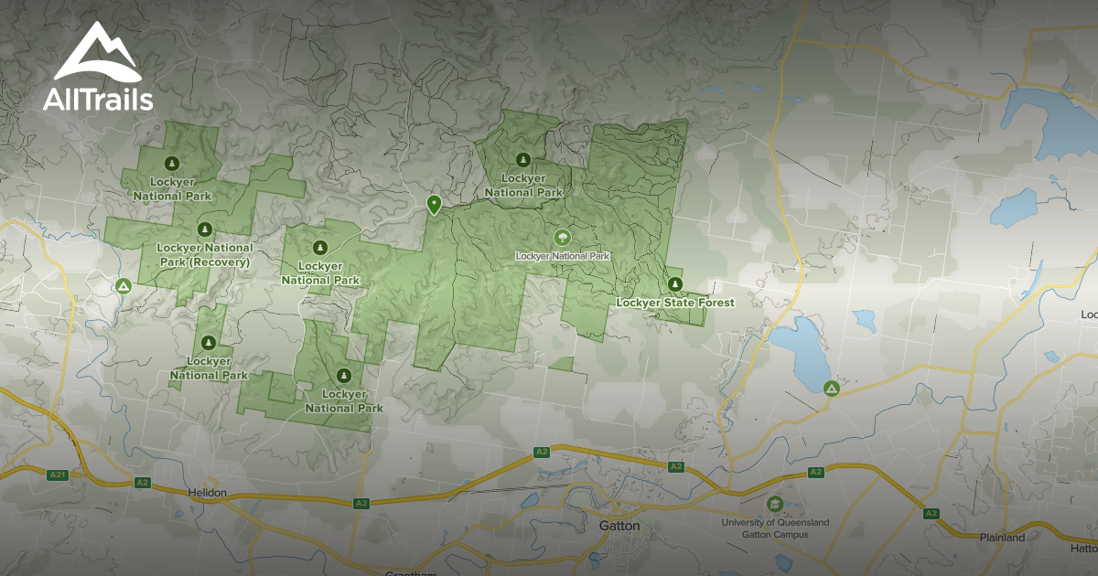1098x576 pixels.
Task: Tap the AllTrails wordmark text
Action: (x=97, y=100)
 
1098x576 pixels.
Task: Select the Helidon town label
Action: (x=208, y=494)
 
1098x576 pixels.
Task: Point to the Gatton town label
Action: (x=619, y=527)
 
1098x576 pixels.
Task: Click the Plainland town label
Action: (x=1002, y=538)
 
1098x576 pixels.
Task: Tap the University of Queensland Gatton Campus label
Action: (x=775, y=528)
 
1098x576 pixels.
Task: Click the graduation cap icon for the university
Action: (x=775, y=505)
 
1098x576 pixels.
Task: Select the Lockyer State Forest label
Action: (x=674, y=303)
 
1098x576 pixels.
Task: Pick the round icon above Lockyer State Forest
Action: (x=675, y=283)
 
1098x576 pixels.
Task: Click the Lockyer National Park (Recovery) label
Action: (x=205, y=255)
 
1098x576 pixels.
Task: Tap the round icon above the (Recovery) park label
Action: (x=205, y=229)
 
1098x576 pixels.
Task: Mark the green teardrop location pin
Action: (x=435, y=204)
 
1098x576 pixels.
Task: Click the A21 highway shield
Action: (x=59, y=474)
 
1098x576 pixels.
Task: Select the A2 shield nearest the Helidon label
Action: (x=142, y=482)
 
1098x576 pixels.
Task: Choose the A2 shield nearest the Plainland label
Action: (x=931, y=513)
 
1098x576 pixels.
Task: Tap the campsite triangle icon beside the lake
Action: (x=831, y=389)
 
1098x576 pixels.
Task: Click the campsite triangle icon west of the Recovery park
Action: (x=124, y=286)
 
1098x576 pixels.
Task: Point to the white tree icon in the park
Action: (x=560, y=239)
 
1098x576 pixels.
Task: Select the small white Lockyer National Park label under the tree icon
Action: (x=562, y=256)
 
